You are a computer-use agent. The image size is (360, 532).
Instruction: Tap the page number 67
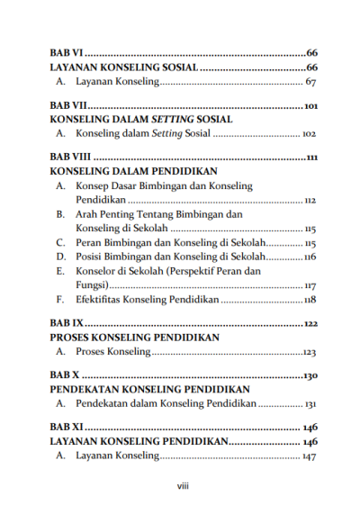pos(310,83)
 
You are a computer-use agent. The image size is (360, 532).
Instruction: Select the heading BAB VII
pos(68,106)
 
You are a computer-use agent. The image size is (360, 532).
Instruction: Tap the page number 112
pos(310,200)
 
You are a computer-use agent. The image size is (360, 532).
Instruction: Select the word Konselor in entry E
pos(98,271)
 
